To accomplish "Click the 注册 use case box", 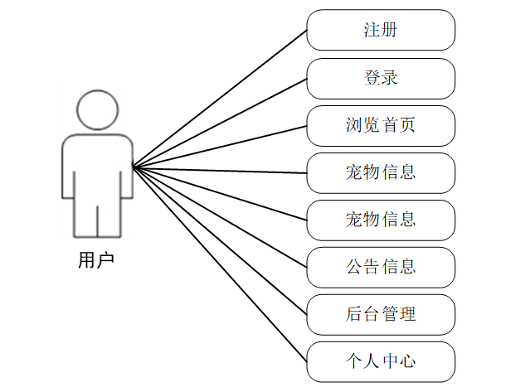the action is coord(381,30).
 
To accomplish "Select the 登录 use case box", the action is coord(381,78).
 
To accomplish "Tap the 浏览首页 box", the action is coord(381,125).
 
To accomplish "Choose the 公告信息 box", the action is coord(381,267).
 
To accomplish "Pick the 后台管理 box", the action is coord(381,314).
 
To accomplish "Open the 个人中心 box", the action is coord(381,361).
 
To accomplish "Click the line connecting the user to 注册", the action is coord(220,99).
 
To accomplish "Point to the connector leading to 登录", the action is coord(220,123).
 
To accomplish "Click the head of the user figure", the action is coord(97,110).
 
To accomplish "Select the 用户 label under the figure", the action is coord(96,260).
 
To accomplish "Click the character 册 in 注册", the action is coord(389,30).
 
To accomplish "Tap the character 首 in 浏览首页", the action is coord(389,125).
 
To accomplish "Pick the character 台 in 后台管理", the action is coord(372,314).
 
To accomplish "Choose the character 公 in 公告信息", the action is coord(354,267).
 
